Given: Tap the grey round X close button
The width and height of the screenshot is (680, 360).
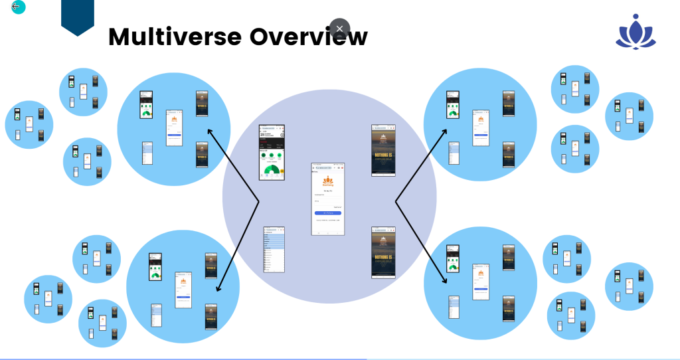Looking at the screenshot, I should pos(339,29).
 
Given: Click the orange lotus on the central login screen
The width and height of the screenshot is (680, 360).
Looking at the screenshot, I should pos(328,181).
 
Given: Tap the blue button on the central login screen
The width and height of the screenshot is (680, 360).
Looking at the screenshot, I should pos(328,213).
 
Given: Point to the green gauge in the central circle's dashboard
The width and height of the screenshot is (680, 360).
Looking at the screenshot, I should pos(271,171).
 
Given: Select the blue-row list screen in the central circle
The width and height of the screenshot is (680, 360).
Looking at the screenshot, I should pos(274,249).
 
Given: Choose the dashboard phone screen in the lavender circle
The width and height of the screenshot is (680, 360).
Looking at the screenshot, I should pos(272,153).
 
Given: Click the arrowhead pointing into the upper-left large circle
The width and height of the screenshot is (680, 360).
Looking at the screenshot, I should pos(211,131).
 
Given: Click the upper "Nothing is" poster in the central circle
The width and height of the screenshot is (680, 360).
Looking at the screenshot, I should pos(383,150).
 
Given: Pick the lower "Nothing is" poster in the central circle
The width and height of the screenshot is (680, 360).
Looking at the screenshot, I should pos(383,252).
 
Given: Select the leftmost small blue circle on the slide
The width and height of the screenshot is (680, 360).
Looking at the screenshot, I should pos(29,125).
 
